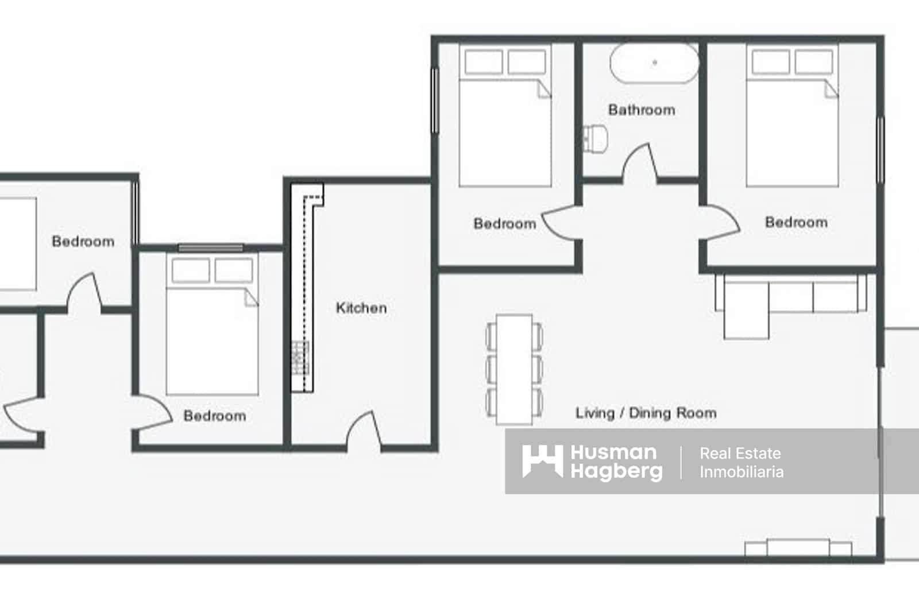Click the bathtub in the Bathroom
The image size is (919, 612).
click(x=654, y=63)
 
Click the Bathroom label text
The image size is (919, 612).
click(x=642, y=110)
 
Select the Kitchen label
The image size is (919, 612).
click(x=361, y=308)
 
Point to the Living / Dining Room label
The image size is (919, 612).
click(x=646, y=413)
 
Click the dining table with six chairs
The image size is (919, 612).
click(x=514, y=369)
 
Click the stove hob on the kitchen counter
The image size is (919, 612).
click(x=300, y=357)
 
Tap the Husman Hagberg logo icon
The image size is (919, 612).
click(x=542, y=461)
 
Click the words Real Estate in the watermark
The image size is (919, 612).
click(x=740, y=454)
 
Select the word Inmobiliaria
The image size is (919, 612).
click(x=741, y=472)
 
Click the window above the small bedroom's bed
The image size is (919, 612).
click(x=210, y=248)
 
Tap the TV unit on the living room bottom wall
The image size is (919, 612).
click(x=798, y=548)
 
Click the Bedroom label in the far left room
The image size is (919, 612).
click(x=83, y=241)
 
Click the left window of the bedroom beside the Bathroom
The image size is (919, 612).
click(x=435, y=101)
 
